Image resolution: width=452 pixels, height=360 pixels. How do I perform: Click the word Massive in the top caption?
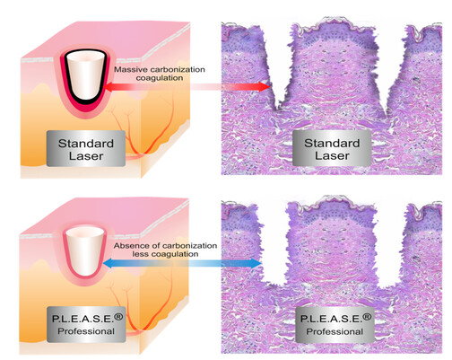pos(131,70)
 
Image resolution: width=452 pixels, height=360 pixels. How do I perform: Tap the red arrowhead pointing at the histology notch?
pos(265,87)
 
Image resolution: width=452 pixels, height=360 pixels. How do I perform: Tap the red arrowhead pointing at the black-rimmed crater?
pos(109,87)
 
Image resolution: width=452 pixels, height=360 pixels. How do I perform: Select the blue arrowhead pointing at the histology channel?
pos(256,263)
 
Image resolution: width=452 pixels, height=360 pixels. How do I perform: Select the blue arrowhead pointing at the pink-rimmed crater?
pos(109,263)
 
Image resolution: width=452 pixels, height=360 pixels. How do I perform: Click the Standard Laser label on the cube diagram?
pos(86,149)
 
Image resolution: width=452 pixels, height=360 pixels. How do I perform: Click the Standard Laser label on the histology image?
pos(332,149)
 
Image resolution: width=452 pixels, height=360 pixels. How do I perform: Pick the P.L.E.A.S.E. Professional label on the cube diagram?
pos(86,325)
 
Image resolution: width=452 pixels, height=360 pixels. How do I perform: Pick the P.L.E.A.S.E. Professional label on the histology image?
pos(335,325)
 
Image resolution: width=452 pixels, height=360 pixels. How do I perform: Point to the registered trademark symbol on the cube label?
pos(118,317)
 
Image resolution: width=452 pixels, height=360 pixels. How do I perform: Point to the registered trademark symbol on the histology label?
pos(367,317)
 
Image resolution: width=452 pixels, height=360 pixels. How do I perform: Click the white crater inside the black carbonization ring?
pos(86,75)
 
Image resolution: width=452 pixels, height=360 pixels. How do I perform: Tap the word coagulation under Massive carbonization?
pos(160,78)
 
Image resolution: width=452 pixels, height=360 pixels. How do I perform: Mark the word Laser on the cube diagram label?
pos(86,156)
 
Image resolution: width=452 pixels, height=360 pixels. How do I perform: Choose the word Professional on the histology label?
pos(335,331)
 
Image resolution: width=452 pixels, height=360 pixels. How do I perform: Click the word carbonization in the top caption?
pos(178,70)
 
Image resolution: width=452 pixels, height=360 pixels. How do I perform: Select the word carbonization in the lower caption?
pos(189,246)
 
